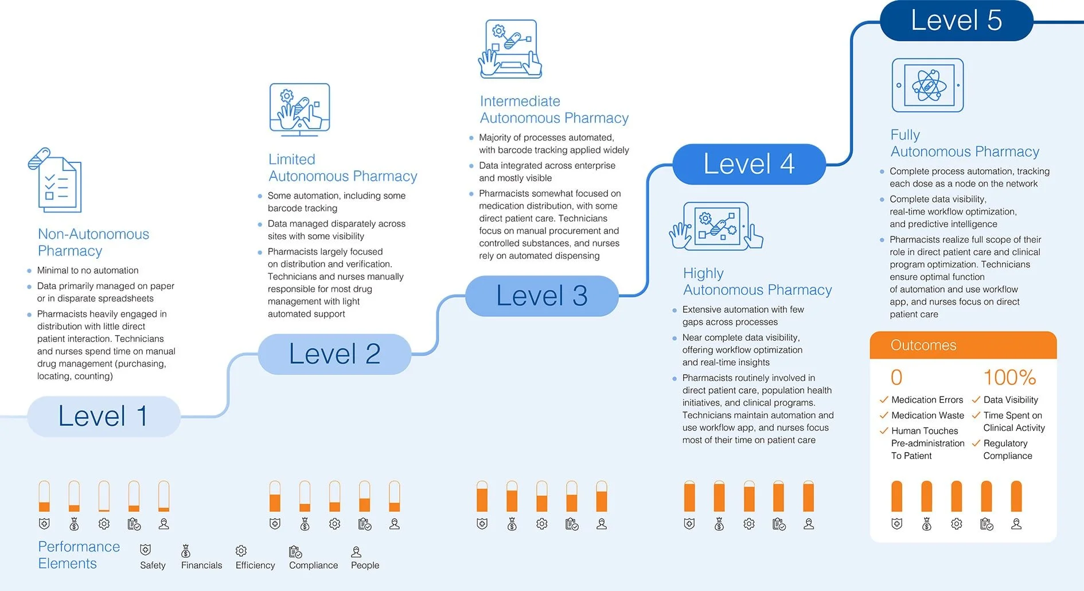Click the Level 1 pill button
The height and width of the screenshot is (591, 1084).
click(104, 417)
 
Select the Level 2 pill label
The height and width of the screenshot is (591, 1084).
click(334, 354)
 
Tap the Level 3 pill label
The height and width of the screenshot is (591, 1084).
click(542, 296)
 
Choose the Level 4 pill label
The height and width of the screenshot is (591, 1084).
click(749, 164)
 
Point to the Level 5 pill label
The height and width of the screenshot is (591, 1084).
click(957, 21)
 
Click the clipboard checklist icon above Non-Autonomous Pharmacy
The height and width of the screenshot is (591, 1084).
click(55, 180)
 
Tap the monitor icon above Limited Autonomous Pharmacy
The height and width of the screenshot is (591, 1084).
click(300, 110)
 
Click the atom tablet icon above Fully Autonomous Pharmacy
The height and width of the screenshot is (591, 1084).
click(928, 85)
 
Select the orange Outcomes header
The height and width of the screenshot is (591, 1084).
click(963, 345)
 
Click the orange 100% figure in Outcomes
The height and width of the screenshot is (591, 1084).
click(1009, 378)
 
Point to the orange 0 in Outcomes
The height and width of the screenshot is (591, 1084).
click(896, 378)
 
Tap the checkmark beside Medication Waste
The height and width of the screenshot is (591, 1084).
click(884, 415)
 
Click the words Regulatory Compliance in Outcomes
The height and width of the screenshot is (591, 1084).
click(1008, 450)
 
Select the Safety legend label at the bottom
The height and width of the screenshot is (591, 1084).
click(153, 565)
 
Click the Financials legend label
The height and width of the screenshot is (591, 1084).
click(201, 565)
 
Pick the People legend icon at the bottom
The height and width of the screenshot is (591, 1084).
click(356, 552)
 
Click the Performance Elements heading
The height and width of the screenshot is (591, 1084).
click(79, 555)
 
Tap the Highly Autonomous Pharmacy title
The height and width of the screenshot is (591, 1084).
click(757, 281)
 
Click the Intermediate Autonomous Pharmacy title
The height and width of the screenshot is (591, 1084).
click(554, 110)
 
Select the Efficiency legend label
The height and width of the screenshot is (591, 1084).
click(255, 565)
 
